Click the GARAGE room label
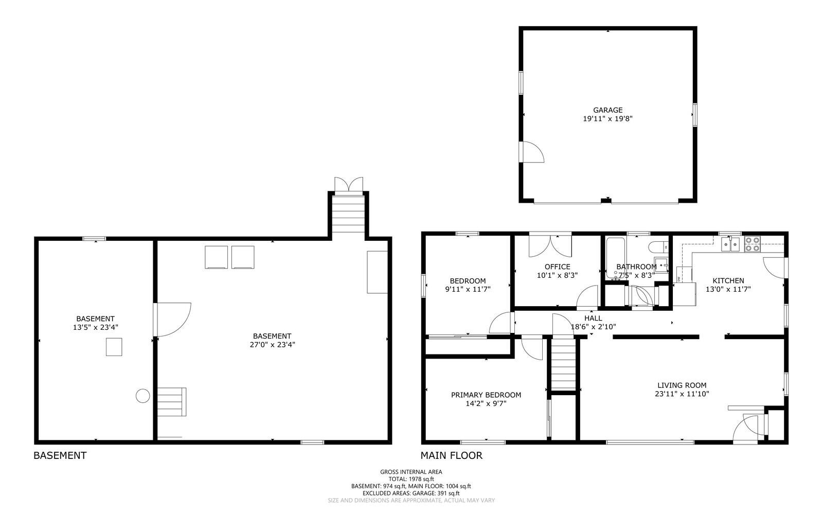[x=607, y=110]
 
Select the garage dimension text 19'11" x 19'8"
[x=607, y=118]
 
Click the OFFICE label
[x=557, y=267]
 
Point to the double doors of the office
[x=550, y=245]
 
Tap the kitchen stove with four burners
[x=752, y=243]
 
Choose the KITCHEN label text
[x=728, y=280]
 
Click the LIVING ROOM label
[x=682, y=385]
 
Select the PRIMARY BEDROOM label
[x=486, y=395]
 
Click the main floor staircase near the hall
[x=563, y=364]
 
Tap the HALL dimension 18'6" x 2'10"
[x=593, y=326]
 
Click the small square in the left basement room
[x=114, y=347]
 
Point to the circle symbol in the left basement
[x=142, y=396]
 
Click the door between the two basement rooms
[x=172, y=320]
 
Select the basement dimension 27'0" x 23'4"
[x=272, y=345]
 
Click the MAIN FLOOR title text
[x=451, y=455]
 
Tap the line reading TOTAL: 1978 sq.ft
[x=411, y=478]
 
